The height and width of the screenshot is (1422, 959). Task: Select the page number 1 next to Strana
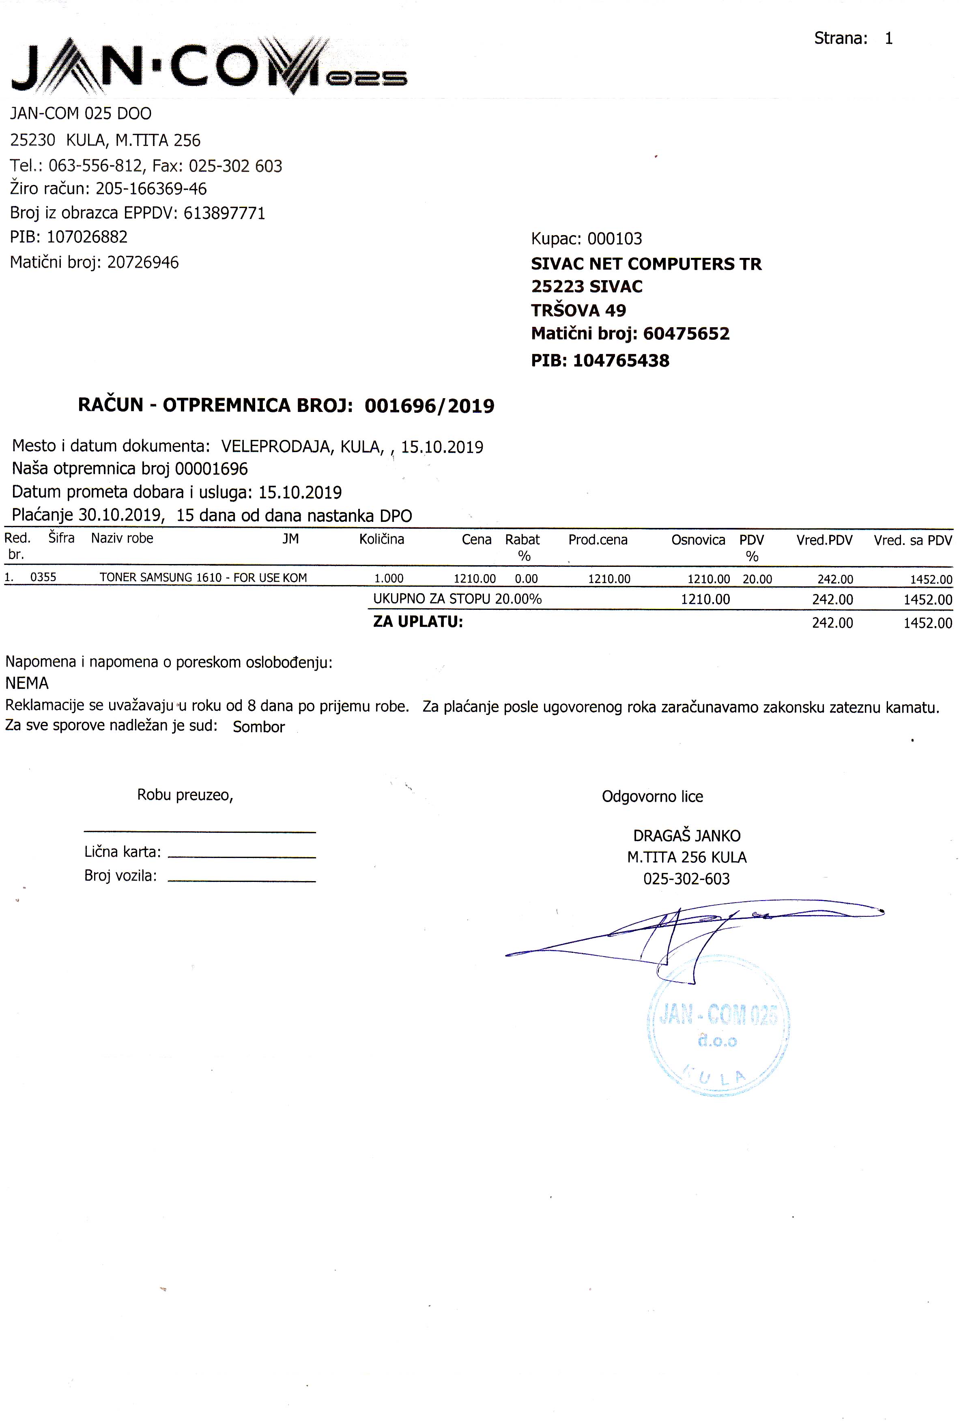(889, 39)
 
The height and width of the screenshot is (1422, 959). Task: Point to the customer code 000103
(614, 238)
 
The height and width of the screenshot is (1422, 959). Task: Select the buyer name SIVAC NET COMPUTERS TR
(646, 264)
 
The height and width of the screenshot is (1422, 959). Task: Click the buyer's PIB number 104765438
(621, 361)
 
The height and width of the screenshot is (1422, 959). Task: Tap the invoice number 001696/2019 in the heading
(429, 406)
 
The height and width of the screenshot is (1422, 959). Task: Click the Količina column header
(382, 539)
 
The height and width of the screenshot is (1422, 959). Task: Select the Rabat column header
(523, 540)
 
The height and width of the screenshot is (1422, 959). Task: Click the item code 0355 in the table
(43, 577)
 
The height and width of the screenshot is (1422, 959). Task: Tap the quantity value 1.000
(389, 578)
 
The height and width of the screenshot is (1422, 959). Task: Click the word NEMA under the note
(27, 683)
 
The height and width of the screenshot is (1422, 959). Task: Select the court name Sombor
(259, 727)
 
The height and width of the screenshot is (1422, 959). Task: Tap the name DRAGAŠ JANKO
(686, 836)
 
